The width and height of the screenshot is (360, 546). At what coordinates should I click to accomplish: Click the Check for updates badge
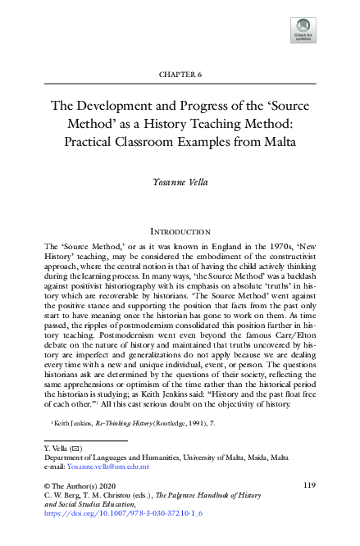[x=302, y=30]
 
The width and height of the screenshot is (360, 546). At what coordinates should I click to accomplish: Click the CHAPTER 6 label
[x=180, y=75]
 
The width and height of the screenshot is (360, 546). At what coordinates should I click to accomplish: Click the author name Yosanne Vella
[x=180, y=182]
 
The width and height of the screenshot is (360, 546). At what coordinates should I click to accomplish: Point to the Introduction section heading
[x=180, y=232]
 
